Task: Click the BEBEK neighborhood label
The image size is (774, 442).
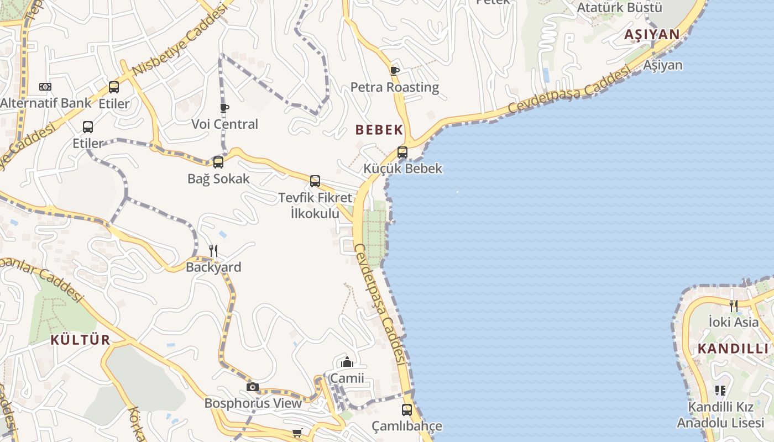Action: (x=379, y=130)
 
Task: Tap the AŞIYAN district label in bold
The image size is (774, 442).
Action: (x=652, y=34)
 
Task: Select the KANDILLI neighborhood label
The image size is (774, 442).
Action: (x=733, y=349)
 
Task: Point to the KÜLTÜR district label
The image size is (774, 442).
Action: (x=81, y=340)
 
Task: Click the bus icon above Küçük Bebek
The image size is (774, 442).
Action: (x=402, y=152)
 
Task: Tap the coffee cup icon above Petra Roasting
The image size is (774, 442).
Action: (x=394, y=70)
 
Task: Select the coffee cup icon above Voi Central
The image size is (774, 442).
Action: (x=224, y=107)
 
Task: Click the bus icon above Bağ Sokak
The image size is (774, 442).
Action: (x=218, y=162)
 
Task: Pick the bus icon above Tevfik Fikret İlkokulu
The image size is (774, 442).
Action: (x=315, y=181)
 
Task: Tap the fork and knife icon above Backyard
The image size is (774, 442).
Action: (x=213, y=251)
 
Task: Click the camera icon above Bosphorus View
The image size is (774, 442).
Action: (x=253, y=387)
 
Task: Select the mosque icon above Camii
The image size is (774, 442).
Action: (x=347, y=362)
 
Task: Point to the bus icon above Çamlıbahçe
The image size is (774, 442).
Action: (x=407, y=410)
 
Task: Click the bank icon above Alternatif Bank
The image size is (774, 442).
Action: (x=45, y=87)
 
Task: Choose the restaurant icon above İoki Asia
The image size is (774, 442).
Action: (x=733, y=306)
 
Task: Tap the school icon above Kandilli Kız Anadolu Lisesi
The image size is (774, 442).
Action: (x=720, y=391)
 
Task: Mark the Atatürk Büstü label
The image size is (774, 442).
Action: (x=619, y=8)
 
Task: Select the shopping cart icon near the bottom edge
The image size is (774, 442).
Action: (x=297, y=433)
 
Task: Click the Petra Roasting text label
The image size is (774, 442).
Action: (x=395, y=87)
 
